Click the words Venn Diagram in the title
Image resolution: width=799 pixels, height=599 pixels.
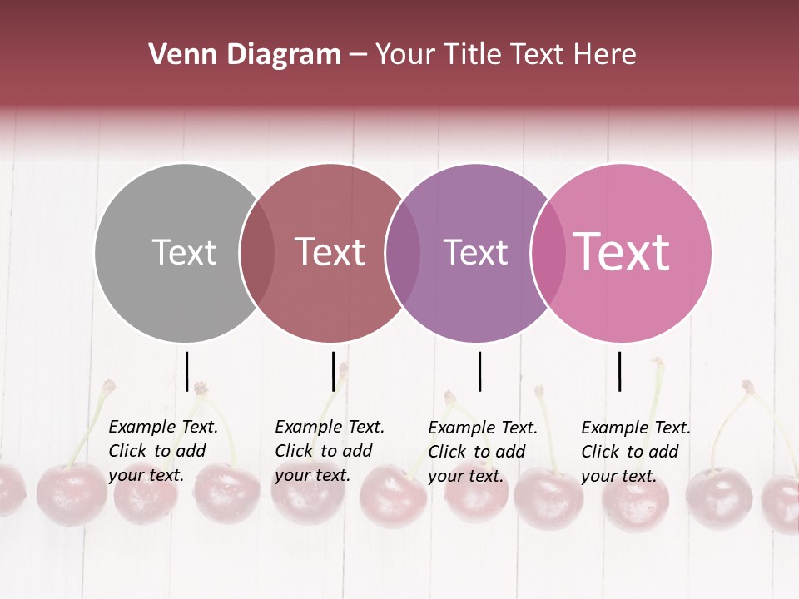tap(245, 55)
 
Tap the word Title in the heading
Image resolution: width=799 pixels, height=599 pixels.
tap(474, 55)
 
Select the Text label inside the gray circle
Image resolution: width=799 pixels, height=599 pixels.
tap(184, 252)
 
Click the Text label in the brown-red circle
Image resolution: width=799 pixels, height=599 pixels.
tap(330, 252)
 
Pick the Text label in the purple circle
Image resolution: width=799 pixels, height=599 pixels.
tap(475, 252)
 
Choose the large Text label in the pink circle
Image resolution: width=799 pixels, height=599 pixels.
tap(622, 251)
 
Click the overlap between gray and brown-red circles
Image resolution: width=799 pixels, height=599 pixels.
tap(257, 253)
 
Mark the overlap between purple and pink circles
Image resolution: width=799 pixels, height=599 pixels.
tap(548, 253)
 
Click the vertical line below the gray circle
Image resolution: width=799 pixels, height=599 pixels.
tap(187, 371)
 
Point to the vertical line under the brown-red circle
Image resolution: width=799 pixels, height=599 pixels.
tap(333, 371)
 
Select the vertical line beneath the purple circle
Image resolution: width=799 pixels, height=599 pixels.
tap(479, 371)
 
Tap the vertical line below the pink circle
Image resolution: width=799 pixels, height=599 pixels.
tap(620, 371)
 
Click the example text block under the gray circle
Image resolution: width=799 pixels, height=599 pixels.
tap(163, 451)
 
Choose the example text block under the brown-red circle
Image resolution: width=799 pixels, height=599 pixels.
tap(330, 451)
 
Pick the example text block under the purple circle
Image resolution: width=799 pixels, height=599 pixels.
tap(483, 452)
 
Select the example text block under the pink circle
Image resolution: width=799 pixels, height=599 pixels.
tap(636, 452)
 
